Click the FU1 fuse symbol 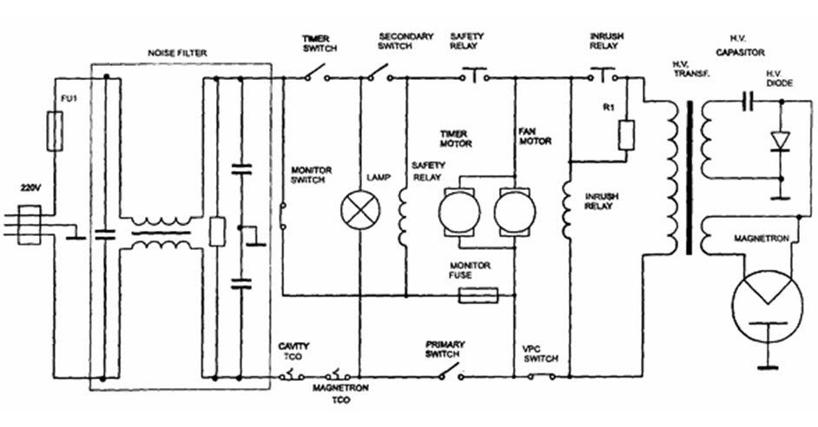point(55,131)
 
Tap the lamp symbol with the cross point(360,210)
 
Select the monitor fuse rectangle point(478,296)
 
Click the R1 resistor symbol point(626,135)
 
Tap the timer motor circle point(459,212)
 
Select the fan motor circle point(514,212)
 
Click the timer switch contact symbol point(316,73)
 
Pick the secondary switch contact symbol point(379,73)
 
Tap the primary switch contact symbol point(451,371)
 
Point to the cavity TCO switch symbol point(292,374)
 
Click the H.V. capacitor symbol point(749,102)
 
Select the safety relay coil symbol point(403,216)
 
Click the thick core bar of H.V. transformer point(689,177)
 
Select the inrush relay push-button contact point(604,75)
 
